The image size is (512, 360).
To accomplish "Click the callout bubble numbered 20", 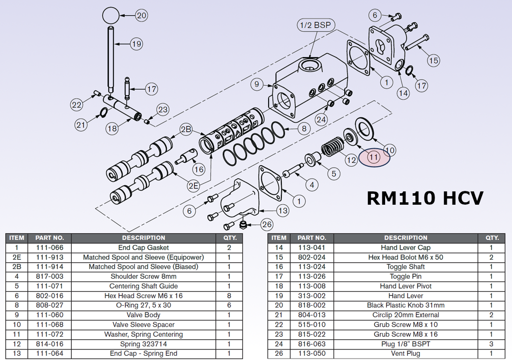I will [x=142, y=15].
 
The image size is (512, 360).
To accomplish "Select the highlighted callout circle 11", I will [x=374, y=157].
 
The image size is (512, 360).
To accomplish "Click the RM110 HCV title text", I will [x=425, y=198].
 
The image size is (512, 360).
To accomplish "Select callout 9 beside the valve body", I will [x=257, y=85].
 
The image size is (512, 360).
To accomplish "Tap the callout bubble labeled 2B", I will [x=186, y=129].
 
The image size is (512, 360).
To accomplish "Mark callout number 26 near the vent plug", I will [x=267, y=224].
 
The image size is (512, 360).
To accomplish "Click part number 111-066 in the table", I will [x=49, y=247].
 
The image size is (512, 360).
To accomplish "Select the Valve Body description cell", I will [x=143, y=315].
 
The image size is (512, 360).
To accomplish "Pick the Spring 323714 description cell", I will [x=143, y=344].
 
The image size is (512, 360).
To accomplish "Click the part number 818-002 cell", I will [x=311, y=305].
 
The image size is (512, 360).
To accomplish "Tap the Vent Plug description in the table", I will [x=406, y=353].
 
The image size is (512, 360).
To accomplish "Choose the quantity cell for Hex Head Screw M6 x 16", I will [x=229, y=295].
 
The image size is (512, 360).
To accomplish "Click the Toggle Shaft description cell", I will [x=406, y=266].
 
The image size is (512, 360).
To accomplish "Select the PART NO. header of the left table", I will [x=49, y=237].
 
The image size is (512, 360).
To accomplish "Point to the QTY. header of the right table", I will [x=492, y=237].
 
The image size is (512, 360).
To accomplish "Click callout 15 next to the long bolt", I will [x=433, y=60].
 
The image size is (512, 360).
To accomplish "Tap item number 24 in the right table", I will [x=279, y=344].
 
